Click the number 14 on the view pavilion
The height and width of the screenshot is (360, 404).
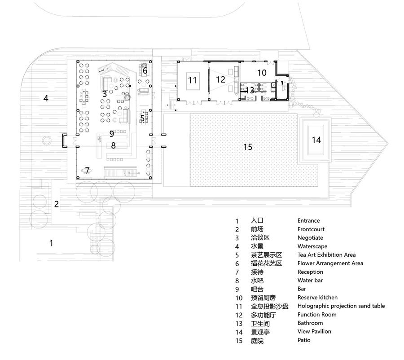[316, 140]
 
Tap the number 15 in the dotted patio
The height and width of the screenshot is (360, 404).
[248, 147]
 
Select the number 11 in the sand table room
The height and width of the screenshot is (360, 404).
[193, 80]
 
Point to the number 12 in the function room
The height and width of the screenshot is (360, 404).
[220, 79]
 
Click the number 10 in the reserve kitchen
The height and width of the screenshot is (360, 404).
[262, 73]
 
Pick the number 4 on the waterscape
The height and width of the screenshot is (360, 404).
[46, 98]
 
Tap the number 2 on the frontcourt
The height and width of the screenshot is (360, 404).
[57, 204]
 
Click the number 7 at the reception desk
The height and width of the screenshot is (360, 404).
[88, 170]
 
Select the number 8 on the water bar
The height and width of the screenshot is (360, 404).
[114, 145]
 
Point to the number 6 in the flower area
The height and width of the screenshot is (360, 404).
[145, 70]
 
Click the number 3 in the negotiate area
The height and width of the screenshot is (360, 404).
[104, 94]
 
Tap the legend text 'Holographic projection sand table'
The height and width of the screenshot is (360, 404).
[341, 306]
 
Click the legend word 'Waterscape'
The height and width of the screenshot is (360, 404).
[312, 246]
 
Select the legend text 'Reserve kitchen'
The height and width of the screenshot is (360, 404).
[317, 297]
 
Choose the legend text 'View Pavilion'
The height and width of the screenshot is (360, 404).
[314, 331]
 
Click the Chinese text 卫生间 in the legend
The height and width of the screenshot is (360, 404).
[260, 324]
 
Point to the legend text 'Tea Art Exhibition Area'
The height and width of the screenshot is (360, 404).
[326, 255]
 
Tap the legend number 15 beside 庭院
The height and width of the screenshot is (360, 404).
[239, 341]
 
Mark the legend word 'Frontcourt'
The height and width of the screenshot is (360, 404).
[311, 229]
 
